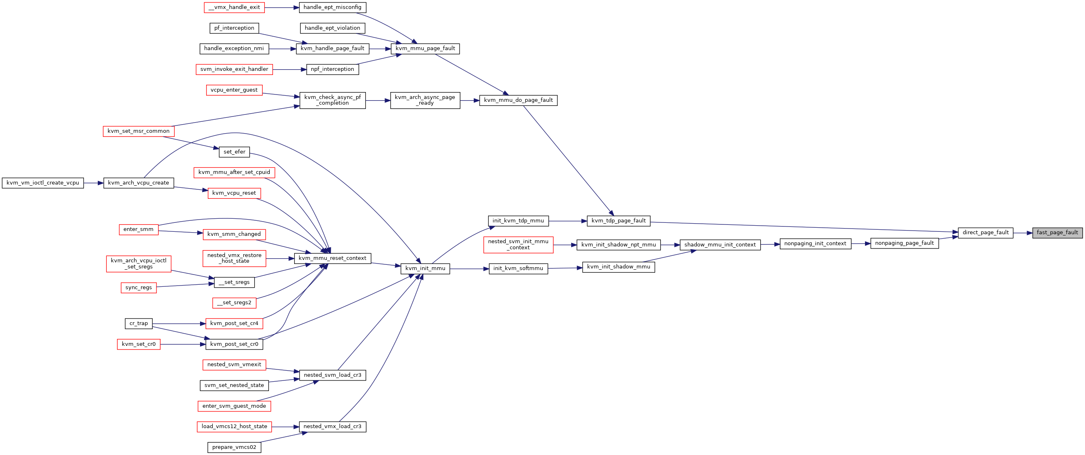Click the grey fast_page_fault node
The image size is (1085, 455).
(x=1057, y=233)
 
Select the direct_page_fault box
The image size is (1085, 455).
(x=986, y=233)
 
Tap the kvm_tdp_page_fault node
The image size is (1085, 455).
(x=618, y=221)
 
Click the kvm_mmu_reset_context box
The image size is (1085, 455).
(x=332, y=258)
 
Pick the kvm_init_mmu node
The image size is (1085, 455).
(x=425, y=268)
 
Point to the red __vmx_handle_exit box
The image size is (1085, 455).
(x=234, y=8)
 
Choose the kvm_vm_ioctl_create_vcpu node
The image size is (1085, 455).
(x=42, y=183)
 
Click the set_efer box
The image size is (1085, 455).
(x=234, y=152)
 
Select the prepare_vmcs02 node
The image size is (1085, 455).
(x=234, y=447)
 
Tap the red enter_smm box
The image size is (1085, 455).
(x=139, y=229)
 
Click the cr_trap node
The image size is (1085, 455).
(x=139, y=324)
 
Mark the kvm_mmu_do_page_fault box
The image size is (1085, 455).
(x=518, y=101)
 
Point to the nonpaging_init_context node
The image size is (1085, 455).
(x=815, y=244)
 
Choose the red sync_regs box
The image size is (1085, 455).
(x=139, y=288)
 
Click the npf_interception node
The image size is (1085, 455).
(x=332, y=69)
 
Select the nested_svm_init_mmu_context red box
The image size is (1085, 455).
(x=518, y=245)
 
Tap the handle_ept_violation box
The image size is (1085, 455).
(x=332, y=28)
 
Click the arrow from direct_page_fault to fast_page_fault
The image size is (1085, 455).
(x=1023, y=233)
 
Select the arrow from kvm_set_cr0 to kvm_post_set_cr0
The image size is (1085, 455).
(x=183, y=344)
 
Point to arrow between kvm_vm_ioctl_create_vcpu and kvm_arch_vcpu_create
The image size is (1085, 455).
(x=93, y=183)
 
